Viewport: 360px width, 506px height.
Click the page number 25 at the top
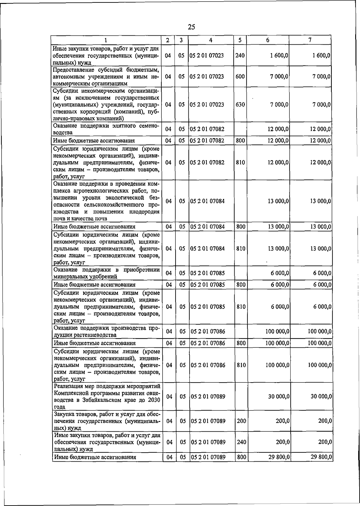point(191,27)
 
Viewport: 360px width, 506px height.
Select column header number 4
point(211,40)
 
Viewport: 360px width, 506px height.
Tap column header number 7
point(310,40)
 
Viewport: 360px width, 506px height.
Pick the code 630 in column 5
point(240,105)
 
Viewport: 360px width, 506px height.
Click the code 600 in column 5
point(240,76)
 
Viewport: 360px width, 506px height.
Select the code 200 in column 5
point(241,421)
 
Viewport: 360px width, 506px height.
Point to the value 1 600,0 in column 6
point(278,55)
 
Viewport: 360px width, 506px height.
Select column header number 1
point(106,40)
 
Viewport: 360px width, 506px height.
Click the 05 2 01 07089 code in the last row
point(208,457)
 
